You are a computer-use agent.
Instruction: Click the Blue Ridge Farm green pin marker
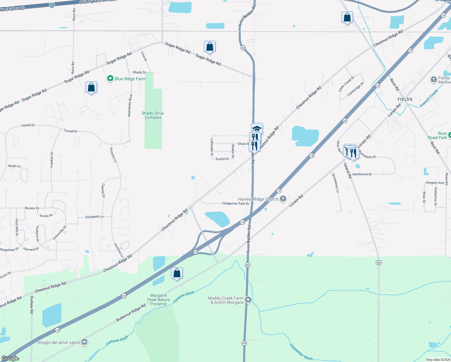110,79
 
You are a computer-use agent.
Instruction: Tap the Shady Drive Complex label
153,115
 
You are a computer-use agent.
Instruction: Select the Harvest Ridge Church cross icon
283,199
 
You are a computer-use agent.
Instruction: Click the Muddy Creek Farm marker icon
248,300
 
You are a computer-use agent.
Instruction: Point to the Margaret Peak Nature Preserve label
159,300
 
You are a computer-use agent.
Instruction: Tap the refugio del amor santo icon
84,342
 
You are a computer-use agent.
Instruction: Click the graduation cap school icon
257,129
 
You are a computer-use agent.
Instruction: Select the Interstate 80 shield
52,5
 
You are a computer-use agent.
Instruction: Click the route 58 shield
379,262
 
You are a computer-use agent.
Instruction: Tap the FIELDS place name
405,99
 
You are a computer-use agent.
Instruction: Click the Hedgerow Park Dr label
236,204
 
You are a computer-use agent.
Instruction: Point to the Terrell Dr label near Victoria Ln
71,131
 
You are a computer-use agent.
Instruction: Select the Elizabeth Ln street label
95,217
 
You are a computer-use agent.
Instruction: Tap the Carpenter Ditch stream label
301,352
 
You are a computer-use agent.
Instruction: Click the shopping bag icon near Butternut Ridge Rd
177,273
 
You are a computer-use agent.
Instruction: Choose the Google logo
10,358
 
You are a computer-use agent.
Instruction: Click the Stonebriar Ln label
335,183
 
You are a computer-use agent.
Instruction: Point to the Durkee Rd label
32,305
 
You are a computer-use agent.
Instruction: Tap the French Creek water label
429,98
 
